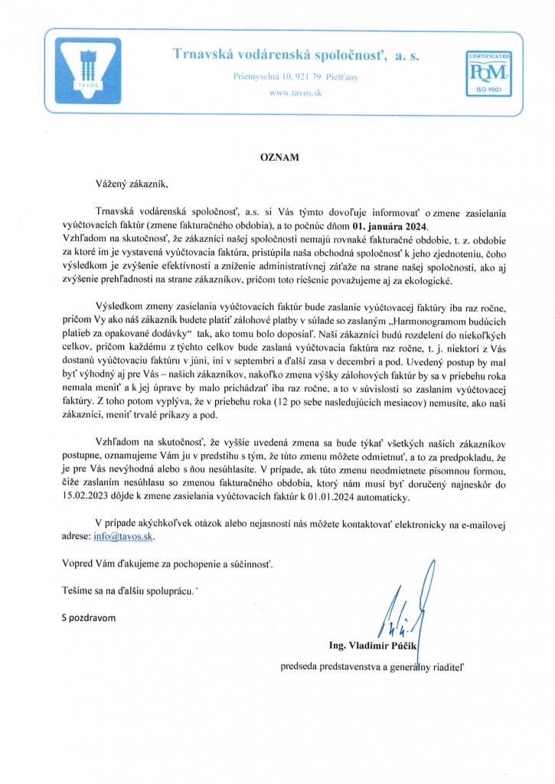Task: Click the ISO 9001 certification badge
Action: pyautogui.click(x=488, y=73)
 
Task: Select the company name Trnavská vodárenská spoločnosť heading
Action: pyautogui.click(x=295, y=54)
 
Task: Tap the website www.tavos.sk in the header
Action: pyautogui.click(x=295, y=93)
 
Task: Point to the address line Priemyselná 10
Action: pyautogui.click(x=295, y=77)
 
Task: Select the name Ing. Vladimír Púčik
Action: pyautogui.click(x=372, y=646)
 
